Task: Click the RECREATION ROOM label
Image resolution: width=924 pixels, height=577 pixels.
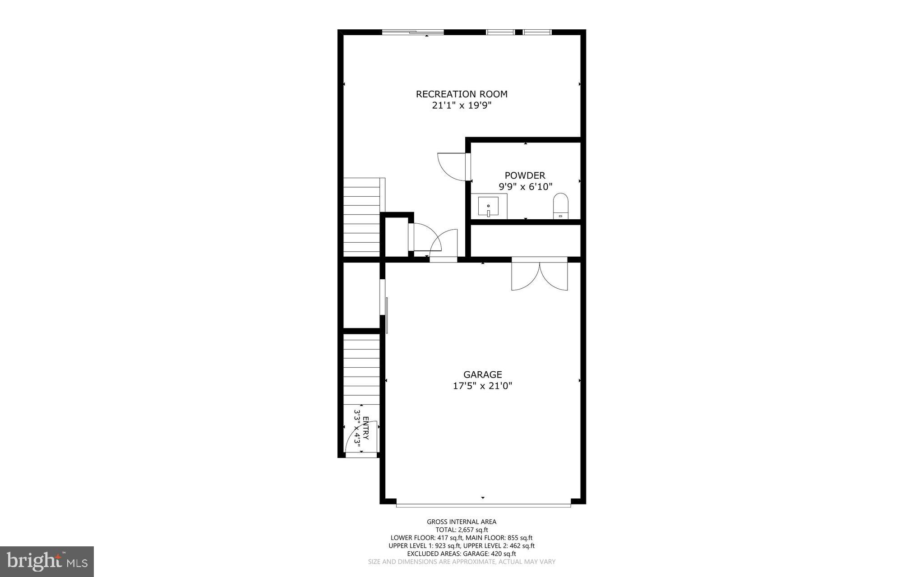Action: [462, 94]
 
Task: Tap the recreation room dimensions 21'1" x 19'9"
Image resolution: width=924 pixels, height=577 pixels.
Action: [462, 106]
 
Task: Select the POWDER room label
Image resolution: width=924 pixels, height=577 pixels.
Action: [525, 175]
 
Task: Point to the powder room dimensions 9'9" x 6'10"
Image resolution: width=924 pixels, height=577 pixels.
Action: [525, 187]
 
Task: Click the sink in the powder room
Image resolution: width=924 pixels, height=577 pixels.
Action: [488, 207]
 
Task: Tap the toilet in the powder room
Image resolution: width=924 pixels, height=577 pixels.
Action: [561, 207]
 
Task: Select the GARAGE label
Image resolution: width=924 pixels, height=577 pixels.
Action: [482, 374]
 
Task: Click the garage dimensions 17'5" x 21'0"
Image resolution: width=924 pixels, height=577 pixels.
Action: [482, 386]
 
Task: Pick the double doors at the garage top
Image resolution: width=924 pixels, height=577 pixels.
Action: [540, 275]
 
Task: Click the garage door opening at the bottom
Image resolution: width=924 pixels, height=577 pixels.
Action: [483, 505]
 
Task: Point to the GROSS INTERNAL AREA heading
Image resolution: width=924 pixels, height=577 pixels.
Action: [462, 522]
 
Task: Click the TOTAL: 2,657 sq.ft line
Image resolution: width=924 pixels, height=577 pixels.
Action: [462, 530]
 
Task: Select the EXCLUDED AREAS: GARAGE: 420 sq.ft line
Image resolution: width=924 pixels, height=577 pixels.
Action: [462, 554]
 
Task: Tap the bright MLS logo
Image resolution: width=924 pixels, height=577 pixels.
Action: [47, 561]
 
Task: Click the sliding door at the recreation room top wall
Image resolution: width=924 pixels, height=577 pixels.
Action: [413, 32]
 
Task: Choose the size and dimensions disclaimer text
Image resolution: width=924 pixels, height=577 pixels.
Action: [462, 562]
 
